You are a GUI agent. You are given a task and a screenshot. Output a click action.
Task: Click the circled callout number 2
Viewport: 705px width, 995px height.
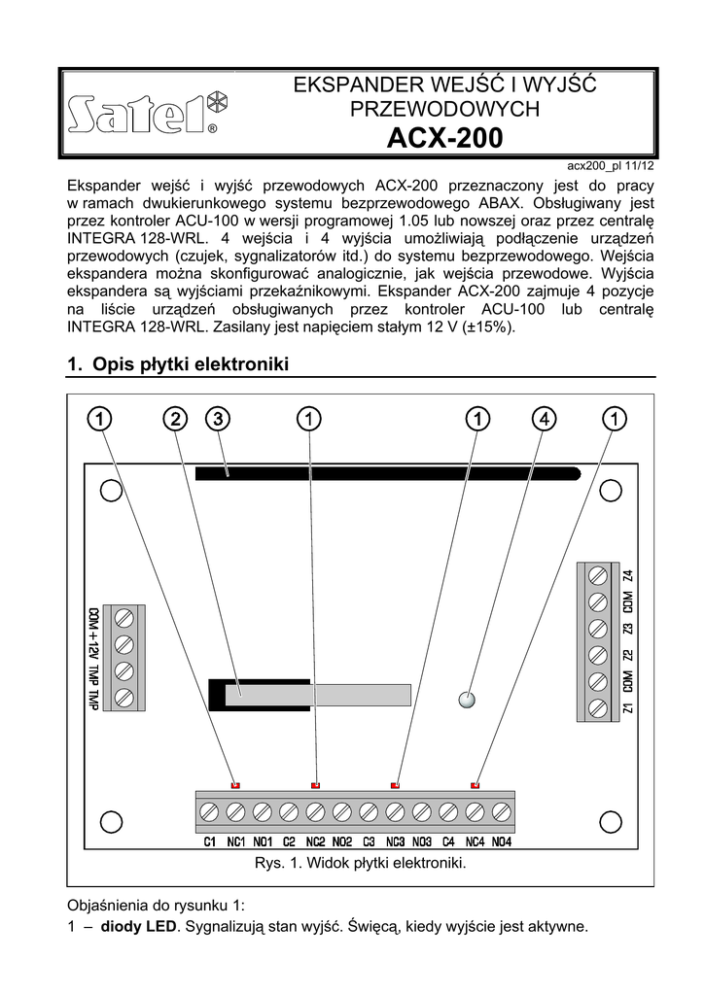pos(174,419)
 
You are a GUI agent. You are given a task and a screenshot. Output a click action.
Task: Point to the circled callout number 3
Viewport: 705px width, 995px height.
pos(218,419)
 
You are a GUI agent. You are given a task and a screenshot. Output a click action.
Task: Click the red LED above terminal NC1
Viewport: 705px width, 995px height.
pos(235,783)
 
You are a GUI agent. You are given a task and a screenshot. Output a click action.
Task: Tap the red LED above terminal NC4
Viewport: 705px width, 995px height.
pos(476,783)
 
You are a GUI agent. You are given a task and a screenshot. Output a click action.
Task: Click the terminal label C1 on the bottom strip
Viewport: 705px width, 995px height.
pos(210,841)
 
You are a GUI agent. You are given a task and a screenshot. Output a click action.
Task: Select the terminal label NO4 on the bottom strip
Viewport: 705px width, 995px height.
pos(501,841)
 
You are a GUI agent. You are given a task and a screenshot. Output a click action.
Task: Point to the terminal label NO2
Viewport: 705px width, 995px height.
pos(341,841)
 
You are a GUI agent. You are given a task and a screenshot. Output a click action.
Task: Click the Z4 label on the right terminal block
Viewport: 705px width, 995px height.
pos(628,575)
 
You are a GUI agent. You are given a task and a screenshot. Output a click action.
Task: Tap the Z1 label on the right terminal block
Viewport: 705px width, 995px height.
pos(628,708)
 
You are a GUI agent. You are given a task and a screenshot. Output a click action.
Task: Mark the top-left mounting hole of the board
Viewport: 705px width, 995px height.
pos(112,491)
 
